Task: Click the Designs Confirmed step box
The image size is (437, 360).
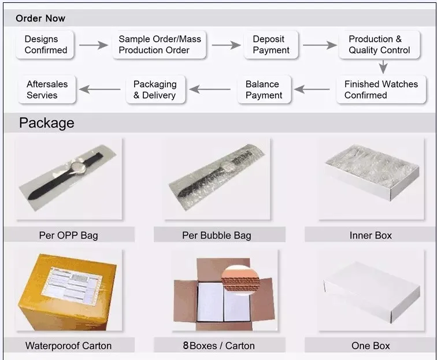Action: pyautogui.click(x=46, y=44)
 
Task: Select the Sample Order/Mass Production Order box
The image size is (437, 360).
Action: pyautogui.click(x=160, y=44)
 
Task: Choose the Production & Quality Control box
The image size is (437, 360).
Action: pyautogui.click(x=379, y=44)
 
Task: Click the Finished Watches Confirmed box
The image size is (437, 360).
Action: pyautogui.click(x=381, y=90)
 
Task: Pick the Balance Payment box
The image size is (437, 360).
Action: pyautogui.click(x=264, y=90)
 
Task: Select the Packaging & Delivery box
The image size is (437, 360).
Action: pyautogui.click(x=155, y=90)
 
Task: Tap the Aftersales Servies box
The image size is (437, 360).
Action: pyautogui.click(x=47, y=90)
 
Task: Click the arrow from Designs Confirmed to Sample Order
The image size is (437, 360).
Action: pyautogui.click(x=94, y=45)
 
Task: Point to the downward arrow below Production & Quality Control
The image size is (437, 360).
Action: pyautogui.click(x=383, y=66)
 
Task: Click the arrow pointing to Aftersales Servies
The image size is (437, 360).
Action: pyautogui.click(x=100, y=90)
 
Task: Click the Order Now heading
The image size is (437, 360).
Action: pyautogui.click(x=40, y=18)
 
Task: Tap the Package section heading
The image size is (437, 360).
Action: pyautogui.click(x=47, y=123)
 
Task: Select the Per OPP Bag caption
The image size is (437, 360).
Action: pyautogui.click(x=69, y=235)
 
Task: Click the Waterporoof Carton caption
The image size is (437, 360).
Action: pyautogui.click(x=69, y=346)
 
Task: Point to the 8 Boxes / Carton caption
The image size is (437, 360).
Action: pyautogui.click(x=219, y=346)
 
